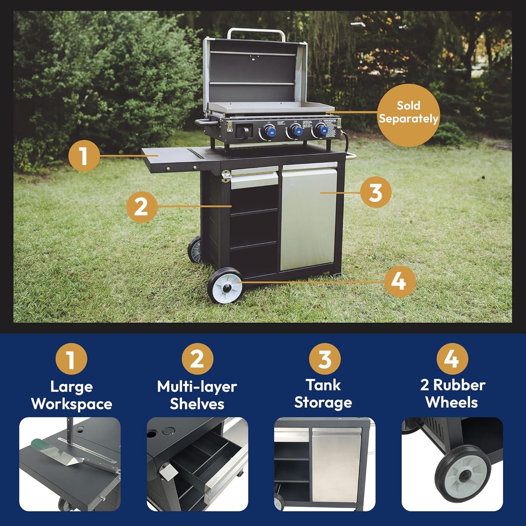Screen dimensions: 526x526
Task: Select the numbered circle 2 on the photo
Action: [x=141, y=207]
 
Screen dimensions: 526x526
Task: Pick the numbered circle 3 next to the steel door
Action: [x=376, y=192]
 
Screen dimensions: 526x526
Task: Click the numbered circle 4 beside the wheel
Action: [x=400, y=281]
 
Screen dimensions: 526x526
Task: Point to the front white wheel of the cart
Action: [x=225, y=286]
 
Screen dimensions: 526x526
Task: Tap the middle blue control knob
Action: [x=297, y=130]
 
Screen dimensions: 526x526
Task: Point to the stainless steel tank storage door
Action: [x=308, y=217]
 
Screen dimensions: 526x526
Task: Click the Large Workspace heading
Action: [x=72, y=395]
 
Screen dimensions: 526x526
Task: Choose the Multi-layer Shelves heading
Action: [x=197, y=395]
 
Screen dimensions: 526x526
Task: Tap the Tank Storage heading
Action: [x=323, y=394]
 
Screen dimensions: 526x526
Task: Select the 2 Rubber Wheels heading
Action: [x=452, y=394]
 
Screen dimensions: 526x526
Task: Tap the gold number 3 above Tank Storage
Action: [x=324, y=359]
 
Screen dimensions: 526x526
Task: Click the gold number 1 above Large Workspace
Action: [x=71, y=359]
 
